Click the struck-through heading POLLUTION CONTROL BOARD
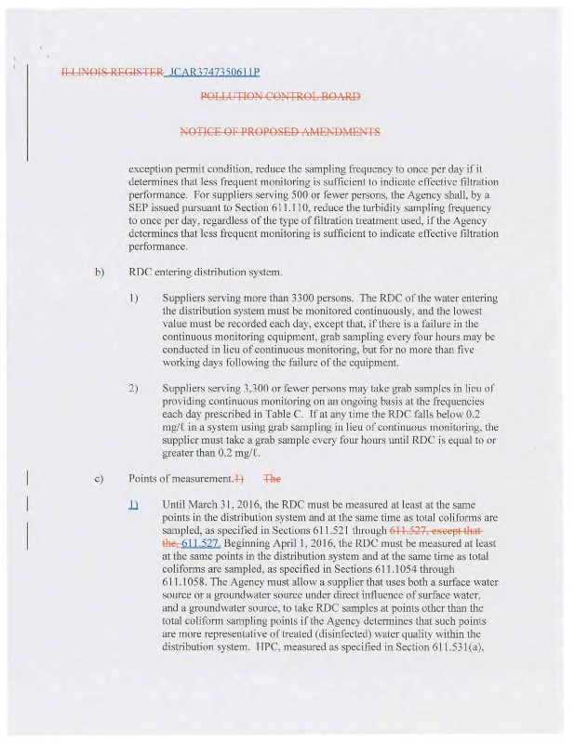(x=280, y=97)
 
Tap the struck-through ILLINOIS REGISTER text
(x=111, y=72)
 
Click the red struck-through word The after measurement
(x=273, y=479)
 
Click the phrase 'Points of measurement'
(x=179, y=479)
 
